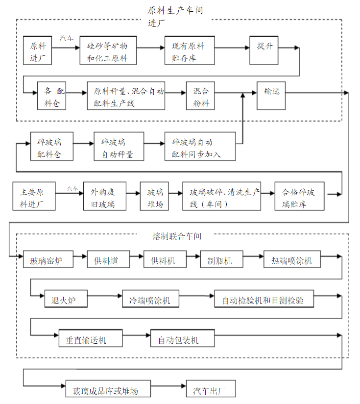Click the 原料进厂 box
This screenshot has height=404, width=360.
(37, 50)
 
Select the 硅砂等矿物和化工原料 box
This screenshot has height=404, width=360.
(107, 50)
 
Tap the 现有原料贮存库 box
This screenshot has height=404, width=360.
(190, 50)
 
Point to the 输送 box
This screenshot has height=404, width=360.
(272, 93)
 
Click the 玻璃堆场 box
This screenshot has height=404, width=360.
(154, 196)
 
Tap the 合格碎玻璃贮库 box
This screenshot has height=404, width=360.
(300, 196)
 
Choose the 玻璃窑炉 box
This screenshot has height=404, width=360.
(48, 259)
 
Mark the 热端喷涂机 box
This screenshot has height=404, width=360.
(292, 259)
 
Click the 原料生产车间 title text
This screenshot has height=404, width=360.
(175, 10)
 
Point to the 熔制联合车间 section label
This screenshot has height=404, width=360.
(177, 236)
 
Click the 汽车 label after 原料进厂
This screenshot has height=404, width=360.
(67, 37)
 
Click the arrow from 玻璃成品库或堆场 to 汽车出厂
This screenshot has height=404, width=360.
(168, 388)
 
